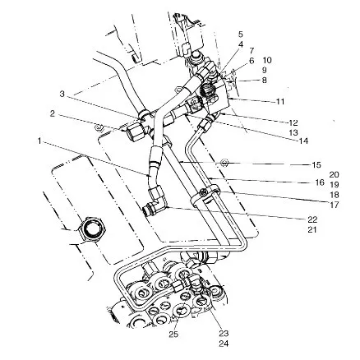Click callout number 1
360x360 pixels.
pyautogui.click(x=39, y=141)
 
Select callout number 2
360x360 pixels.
pyautogui.click(x=52, y=113)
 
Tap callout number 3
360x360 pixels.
pyautogui.click(x=62, y=95)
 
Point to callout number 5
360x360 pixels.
pyautogui.click(x=241, y=35)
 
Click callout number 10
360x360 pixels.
pyautogui.click(x=267, y=60)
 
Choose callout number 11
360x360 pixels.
pyautogui.click(x=279, y=102)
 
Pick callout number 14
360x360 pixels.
pyautogui.click(x=303, y=141)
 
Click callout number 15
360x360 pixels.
pyautogui.click(x=316, y=165)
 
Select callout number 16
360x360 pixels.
pyautogui.click(x=320, y=182)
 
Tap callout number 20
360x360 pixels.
pyautogui.click(x=334, y=175)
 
